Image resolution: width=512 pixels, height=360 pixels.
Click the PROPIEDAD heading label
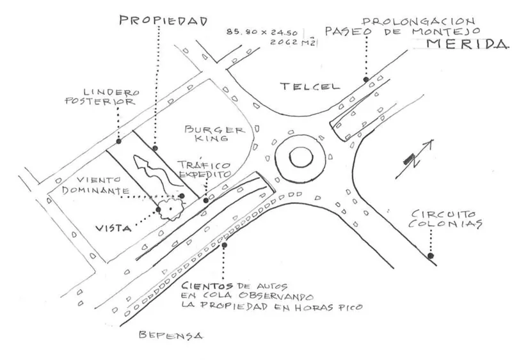click(x=163, y=20)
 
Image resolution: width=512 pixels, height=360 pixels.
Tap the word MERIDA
click(x=468, y=43)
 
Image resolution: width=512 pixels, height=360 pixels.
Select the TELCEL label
click(x=310, y=86)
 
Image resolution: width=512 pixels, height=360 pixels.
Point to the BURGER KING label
click(x=215, y=133)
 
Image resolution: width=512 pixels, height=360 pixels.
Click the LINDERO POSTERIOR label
click(x=102, y=97)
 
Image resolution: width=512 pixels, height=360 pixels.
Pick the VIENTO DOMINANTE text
click(x=95, y=185)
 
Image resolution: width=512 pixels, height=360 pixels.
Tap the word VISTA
click(x=113, y=228)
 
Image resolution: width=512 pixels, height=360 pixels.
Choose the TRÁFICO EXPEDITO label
click(x=205, y=169)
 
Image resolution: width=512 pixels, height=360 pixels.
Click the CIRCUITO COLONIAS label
click(x=445, y=219)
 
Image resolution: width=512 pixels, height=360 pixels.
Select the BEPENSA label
click(x=170, y=335)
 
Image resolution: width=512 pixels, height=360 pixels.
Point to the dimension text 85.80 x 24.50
click(x=262, y=33)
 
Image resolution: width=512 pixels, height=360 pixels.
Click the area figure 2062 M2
click(x=292, y=42)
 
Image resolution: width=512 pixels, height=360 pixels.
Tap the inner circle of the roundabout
click(x=301, y=158)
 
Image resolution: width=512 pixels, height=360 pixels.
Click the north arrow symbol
click(x=414, y=160)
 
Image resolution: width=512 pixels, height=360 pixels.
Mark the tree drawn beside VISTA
click(x=170, y=208)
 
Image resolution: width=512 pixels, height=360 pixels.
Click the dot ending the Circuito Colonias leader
click(x=431, y=256)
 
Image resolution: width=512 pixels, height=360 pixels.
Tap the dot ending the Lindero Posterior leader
click(x=119, y=141)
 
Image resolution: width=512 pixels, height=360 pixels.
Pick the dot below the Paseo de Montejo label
click(x=366, y=79)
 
